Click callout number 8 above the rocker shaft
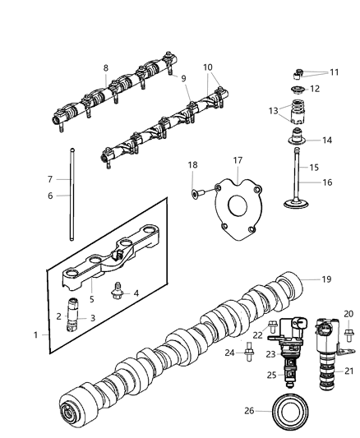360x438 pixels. [x=105, y=67]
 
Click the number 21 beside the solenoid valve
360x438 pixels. [x=347, y=371]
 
